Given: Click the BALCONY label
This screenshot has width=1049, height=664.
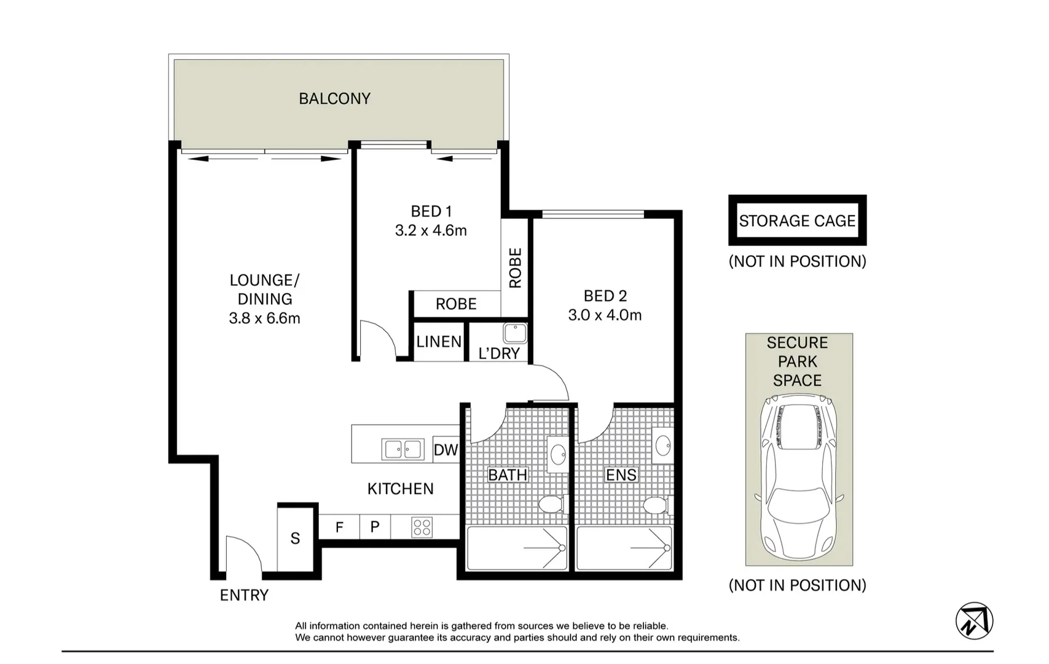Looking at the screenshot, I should click(334, 98).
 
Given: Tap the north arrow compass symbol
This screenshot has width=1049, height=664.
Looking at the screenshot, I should click(975, 620).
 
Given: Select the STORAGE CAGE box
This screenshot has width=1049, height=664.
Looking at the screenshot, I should click(797, 221).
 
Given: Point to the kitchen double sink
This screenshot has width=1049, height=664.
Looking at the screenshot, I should click(403, 449).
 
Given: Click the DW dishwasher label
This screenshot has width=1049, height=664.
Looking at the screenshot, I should click(446, 450).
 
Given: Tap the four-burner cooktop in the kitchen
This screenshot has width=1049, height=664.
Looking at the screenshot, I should click(422, 527).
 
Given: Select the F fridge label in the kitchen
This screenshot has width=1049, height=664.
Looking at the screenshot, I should click(339, 527).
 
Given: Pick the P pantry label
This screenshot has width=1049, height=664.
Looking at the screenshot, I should click(375, 527).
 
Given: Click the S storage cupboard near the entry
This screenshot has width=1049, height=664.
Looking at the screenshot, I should click(295, 539).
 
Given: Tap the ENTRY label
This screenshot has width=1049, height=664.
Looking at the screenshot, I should click(244, 595).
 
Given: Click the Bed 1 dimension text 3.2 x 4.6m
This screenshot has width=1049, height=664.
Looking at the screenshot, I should click(431, 231).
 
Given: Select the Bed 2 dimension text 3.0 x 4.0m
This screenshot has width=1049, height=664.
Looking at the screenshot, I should click(605, 315).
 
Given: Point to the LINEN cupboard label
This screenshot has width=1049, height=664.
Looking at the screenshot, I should click(439, 342).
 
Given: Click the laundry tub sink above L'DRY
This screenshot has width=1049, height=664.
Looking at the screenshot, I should click(515, 333).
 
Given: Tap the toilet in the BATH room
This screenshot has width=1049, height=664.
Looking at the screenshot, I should click(551, 505).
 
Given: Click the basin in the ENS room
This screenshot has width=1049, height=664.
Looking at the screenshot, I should click(663, 445).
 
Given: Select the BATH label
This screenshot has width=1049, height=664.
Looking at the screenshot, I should click(508, 475).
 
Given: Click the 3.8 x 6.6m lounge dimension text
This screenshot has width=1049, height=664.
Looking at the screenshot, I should click(264, 318).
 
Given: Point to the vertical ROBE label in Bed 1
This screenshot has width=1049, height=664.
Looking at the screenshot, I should click(515, 268).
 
